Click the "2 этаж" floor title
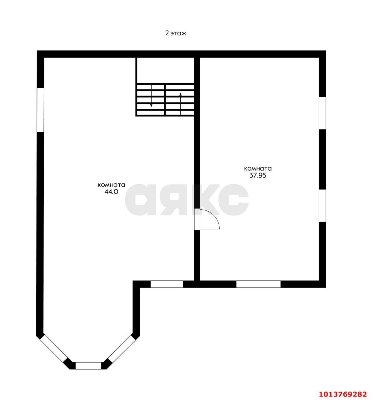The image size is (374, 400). (x=176, y=33)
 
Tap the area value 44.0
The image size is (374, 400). (x=111, y=192)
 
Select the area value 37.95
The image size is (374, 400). (x=257, y=175)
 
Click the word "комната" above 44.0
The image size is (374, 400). (x=111, y=185)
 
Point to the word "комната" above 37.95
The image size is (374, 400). (x=258, y=168)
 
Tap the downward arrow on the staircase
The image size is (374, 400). (x=152, y=96)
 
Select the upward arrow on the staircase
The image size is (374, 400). (x=181, y=103)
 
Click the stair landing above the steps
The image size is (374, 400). (x=165, y=70)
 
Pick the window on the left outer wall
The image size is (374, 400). (x=40, y=110)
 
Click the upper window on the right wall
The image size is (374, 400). (x=322, y=113)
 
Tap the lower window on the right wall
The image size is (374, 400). (x=322, y=206)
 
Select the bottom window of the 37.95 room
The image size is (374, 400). (x=258, y=284)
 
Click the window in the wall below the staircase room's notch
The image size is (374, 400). (x=167, y=284)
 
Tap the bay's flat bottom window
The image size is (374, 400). (x=88, y=366)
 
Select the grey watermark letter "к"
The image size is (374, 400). (x=203, y=200)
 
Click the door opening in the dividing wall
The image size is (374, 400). (x=197, y=219)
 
